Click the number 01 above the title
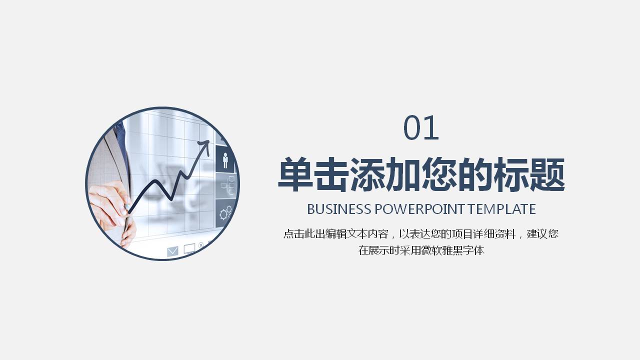(x=421, y=128)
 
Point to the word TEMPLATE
(x=501, y=209)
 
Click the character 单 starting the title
(x=295, y=174)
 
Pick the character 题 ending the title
(x=547, y=174)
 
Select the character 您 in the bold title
(x=439, y=174)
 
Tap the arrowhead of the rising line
(x=204, y=144)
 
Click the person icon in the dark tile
(x=225, y=159)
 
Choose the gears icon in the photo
(x=226, y=213)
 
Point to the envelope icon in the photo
(x=172, y=251)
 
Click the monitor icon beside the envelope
(x=189, y=248)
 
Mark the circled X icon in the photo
(x=201, y=245)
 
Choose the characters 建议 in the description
(x=536, y=234)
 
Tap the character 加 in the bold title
(x=403, y=174)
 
